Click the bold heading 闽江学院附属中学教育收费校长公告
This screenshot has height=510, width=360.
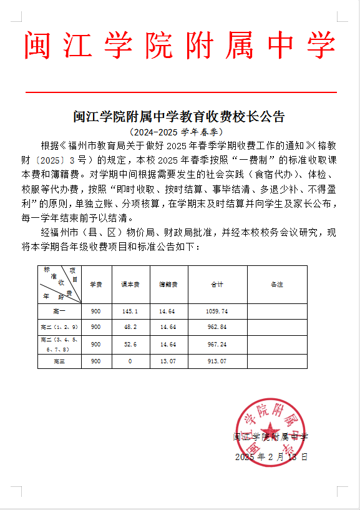pos(180,117)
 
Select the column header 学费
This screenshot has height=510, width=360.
pos(95,284)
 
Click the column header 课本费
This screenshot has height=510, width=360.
pos(130,284)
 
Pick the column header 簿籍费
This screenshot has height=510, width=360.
pos(167,284)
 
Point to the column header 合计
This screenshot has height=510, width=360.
pos(216,284)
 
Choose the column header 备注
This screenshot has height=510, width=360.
pos(277,284)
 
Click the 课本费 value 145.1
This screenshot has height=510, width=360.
pos(130,311)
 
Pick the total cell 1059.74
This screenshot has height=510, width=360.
pos(216,311)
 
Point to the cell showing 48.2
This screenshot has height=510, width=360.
pos(130,326)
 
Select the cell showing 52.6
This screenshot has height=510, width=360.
pos(130,344)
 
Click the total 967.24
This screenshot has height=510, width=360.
pos(216,344)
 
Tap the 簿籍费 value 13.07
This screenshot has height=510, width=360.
pos(167,361)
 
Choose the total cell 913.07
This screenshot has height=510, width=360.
pos(216,361)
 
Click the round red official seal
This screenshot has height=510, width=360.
pos(271,432)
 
